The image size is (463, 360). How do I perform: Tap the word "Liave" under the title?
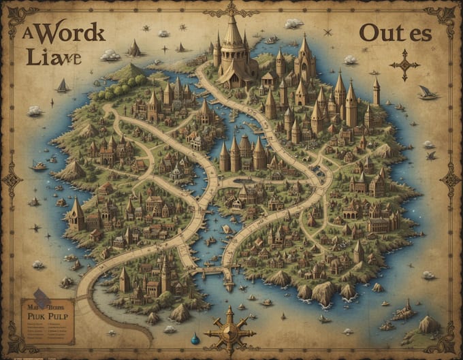tap(54, 57)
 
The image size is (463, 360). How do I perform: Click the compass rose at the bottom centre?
tap(229, 332)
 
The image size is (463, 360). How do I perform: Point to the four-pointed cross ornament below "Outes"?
tap(404, 65)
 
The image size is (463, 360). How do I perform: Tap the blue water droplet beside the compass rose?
tap(195, 338)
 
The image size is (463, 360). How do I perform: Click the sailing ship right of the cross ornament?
tap(428, 93)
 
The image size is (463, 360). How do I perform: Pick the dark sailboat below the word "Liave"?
tap(63, 86)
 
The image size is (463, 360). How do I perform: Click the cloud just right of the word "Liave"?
tap(110, 54)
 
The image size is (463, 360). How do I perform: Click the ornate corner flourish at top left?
tap(20, 17)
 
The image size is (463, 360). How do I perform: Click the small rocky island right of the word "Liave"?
tap(134, 48)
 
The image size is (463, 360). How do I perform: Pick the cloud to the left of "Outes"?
tap(293, 24)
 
